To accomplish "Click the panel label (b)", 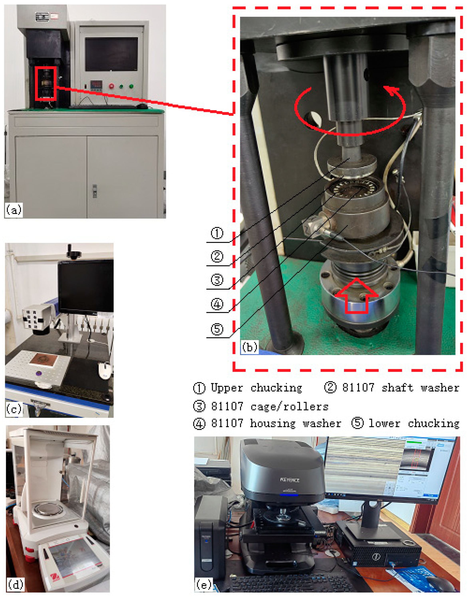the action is (250, 347).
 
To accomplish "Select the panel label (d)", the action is (15, 584).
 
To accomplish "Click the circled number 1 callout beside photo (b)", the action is (217, 233).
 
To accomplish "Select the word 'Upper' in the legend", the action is (227, 388).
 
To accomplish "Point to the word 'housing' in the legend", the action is (273, 424).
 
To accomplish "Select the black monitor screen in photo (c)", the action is (85, 286).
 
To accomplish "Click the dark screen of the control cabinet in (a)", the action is (111, 54).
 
